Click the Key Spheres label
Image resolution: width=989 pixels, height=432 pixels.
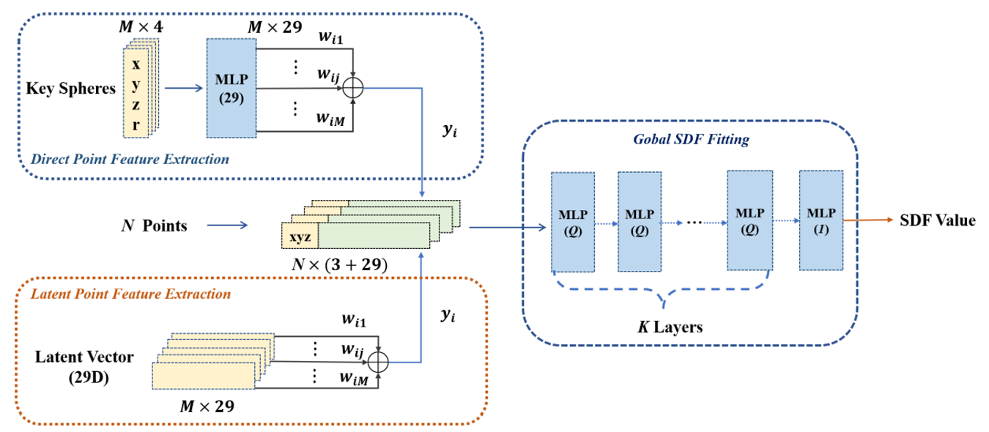coord(71,89)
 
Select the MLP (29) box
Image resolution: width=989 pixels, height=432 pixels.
coord(231,88)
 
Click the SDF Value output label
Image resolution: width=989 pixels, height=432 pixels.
coord(938,220)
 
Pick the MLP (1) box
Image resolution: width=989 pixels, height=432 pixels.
coord(821,219)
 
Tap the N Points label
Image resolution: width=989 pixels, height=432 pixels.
coord(154,226)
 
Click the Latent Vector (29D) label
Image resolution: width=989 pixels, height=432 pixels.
coord(85,365)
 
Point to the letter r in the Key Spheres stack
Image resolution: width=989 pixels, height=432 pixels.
coord(136,124)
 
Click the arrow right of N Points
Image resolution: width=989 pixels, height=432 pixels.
coord(229,226)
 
